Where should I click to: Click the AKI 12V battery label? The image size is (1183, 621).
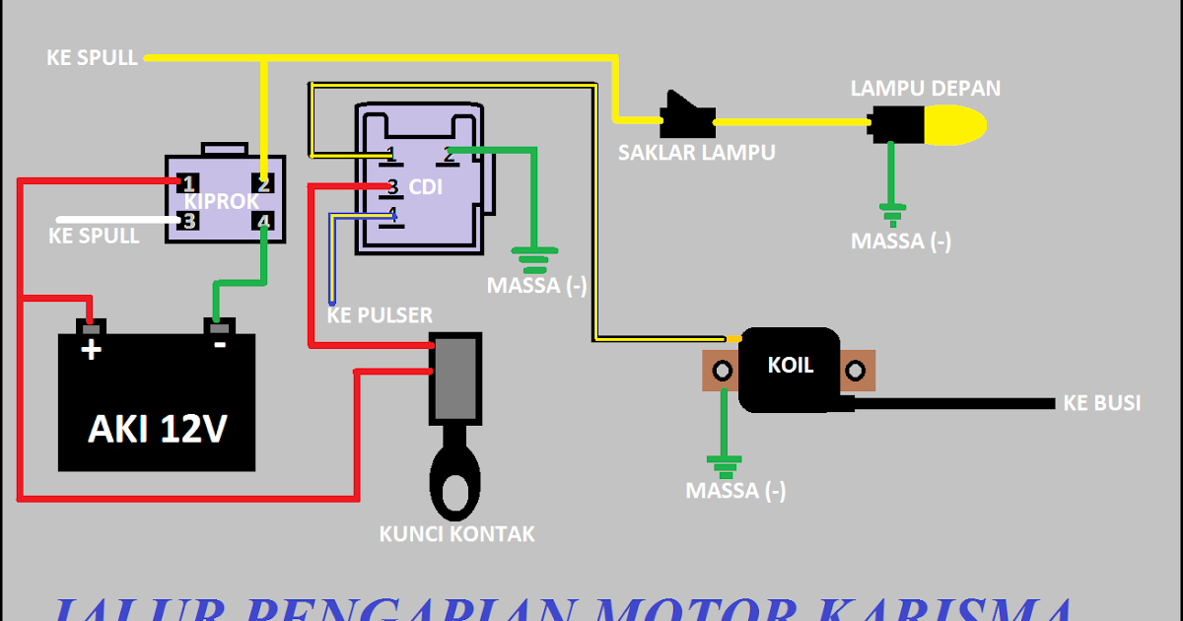click(x=159, y=428)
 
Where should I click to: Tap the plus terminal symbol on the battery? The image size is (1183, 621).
click(x=91, y=349)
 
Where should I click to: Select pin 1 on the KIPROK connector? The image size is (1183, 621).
click(x=188, y=183)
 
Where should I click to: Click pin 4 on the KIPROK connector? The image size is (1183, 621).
click(x=263, y=222)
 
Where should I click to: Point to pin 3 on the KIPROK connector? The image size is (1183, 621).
click(x=188, y=221)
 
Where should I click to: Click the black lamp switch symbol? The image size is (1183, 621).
click(x=687, y=115)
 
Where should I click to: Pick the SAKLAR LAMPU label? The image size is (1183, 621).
click(x=696, y=153)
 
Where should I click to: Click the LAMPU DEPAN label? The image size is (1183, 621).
click(x=925, y=89)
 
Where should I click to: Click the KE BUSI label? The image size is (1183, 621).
click(x=1101, y=403)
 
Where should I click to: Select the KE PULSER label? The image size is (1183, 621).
click(x=380, y=315)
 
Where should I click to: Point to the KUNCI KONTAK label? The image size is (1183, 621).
click(x=456, y=534)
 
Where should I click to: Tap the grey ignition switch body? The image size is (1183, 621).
click(x=455, y=378)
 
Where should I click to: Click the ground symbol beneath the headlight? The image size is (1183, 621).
click(x=893, y=213)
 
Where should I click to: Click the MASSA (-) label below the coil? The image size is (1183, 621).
click(x=736, y=491)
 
